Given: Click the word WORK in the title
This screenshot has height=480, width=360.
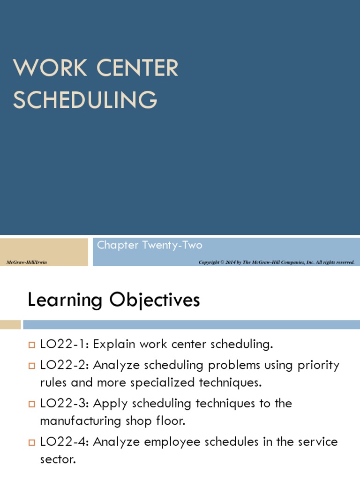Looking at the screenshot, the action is [50, 67].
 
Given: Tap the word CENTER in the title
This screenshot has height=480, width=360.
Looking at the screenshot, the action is [137, 67].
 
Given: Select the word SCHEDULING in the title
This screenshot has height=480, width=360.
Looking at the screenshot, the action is [85, 99].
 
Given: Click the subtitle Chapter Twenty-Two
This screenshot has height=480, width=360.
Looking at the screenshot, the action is [150, 246].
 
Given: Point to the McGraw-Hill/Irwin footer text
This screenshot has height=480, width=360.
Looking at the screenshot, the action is [27, 262].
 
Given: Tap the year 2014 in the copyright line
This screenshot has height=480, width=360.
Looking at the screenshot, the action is [231, 262].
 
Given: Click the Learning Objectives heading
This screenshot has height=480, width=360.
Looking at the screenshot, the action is [114, 300].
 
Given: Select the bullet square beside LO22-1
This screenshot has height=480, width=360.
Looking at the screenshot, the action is [32, 345].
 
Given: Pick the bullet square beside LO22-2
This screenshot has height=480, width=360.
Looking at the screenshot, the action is [32, 366].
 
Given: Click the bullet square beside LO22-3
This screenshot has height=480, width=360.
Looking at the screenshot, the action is [32, 404].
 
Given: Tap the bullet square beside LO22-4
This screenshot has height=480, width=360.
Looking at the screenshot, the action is [32, 442].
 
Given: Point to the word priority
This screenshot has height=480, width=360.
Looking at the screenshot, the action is [319, 366].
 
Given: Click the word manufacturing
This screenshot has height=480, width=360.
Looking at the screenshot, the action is [81, 421].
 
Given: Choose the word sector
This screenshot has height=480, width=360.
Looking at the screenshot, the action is [58, 459].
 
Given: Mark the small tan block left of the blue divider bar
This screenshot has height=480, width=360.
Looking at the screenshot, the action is [10, 324].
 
